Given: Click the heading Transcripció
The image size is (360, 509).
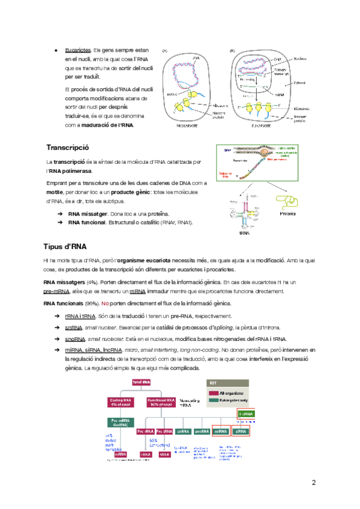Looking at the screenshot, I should coord(67,147).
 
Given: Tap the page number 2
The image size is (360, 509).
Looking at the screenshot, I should coord(313,483).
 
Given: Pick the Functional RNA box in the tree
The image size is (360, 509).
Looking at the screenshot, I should coord(163,402).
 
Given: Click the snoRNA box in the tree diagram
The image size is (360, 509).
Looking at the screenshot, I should coord(202,431).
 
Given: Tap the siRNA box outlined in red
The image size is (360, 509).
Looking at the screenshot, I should coord(241,431).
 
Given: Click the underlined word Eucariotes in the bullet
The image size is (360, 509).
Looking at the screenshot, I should coord(77,50).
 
